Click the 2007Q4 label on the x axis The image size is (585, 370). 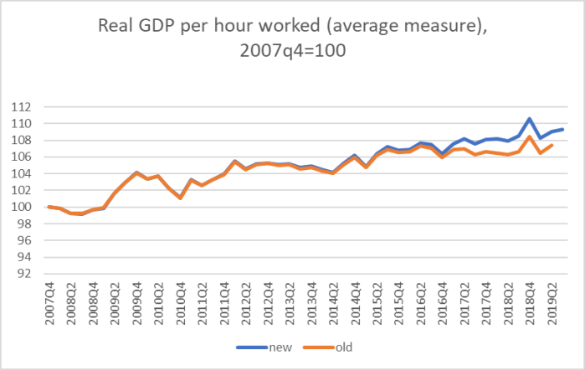(51, 300)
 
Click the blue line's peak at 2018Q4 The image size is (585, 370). (530, 119)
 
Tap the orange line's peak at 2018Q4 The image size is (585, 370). (530, 137)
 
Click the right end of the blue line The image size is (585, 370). (562, 130)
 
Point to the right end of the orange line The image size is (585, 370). (552, 146)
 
